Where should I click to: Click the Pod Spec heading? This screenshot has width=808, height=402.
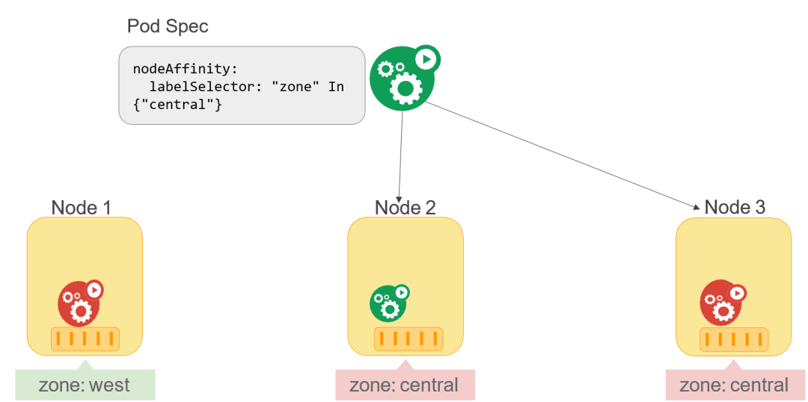click(168, 27)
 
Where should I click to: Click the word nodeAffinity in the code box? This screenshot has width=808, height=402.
click(183, 69)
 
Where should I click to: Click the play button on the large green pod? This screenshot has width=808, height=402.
click(426, 58)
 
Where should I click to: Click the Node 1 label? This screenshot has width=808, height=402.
click(82, 208)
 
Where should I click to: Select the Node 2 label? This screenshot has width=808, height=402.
click(405, 208)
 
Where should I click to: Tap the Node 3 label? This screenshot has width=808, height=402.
click(735, 208)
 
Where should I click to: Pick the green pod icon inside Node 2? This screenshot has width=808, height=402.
click(388, 303)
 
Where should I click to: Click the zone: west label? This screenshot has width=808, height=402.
click(85, 386)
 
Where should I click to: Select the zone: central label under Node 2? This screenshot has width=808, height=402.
click(404, 386)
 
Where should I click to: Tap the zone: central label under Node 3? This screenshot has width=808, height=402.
click(734, 386)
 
